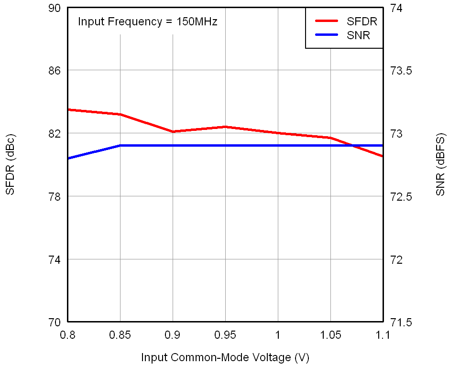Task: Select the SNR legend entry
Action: (x=359, y=35)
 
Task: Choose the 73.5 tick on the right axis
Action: (x=401, y=71)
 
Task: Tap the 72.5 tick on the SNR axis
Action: (x=401, y=196)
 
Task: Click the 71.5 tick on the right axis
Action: (x=401, y=322)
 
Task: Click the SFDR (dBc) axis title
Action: (x=11, y=165)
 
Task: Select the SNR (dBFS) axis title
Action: (x=440, y=165)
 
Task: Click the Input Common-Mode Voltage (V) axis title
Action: (x=225, y=357)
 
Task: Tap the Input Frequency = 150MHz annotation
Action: (x=148, y=21)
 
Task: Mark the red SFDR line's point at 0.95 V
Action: (x=225, y=127)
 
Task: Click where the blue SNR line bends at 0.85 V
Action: (x=120, y=145)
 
